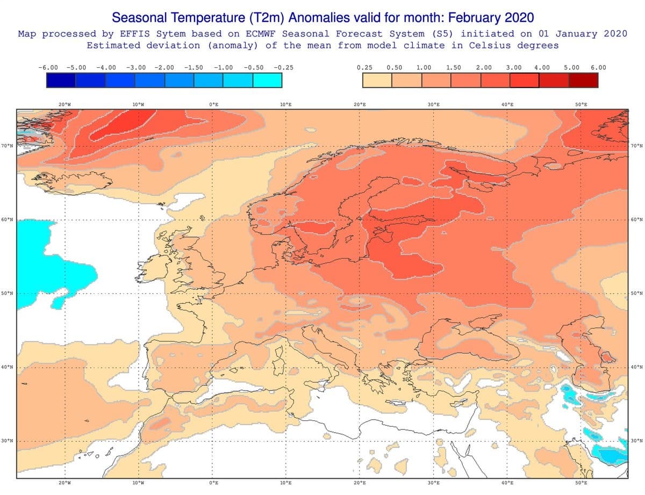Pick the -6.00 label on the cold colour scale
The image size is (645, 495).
click(x=48, y=68)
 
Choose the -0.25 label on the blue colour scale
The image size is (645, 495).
click(x=283, y=68)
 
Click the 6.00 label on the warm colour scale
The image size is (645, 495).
click(x=598, y=68)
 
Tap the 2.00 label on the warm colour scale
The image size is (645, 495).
click(x=484, y=68)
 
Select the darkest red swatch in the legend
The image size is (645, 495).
click(x=583, y=80)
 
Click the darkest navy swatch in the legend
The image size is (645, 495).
click(x=61, y=80)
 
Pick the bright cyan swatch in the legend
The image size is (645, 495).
click(x=267, y=80)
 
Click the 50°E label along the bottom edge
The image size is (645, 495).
click(x=580, y=483)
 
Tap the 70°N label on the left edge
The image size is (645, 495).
click(x=7, y=146)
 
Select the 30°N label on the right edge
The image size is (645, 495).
click(x=637, y=441)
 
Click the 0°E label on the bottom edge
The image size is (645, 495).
click(x=213, y=483)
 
